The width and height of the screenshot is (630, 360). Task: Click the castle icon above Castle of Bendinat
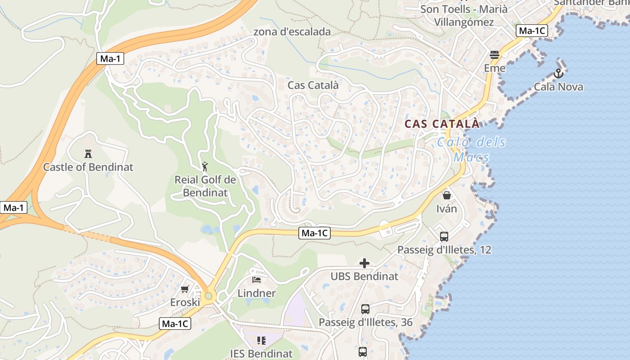click(88, 153)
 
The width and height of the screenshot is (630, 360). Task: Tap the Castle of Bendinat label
click(88, 167)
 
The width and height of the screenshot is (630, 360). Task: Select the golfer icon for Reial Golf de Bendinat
click(205, 166)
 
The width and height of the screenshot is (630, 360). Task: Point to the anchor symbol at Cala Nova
click(558, 73)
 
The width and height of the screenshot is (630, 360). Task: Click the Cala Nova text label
click(558, 87)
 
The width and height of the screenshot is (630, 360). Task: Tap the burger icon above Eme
click(495, 55)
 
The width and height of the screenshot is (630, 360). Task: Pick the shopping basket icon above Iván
click(447, 195)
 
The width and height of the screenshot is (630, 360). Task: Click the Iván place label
click(447, 209)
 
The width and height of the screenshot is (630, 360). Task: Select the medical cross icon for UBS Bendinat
click(364, 263)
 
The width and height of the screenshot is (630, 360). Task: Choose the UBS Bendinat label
click(364, 276)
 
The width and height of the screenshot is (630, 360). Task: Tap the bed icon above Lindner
click(256, 280)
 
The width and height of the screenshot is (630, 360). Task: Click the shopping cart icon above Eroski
click(185, 289)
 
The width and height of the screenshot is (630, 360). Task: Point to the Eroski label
click(185, 302)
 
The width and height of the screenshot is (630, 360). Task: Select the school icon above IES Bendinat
click(261, 341)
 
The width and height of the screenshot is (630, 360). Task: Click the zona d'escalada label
click(292, 32)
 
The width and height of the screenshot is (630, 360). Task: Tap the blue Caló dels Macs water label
click(471, 150)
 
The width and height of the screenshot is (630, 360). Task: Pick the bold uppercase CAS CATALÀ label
click(442, 124)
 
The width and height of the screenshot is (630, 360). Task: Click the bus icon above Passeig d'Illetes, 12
click(444, 236)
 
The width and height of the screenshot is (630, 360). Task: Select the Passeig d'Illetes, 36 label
click(365, 322)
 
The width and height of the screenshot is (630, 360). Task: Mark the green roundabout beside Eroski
click(208, 296)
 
